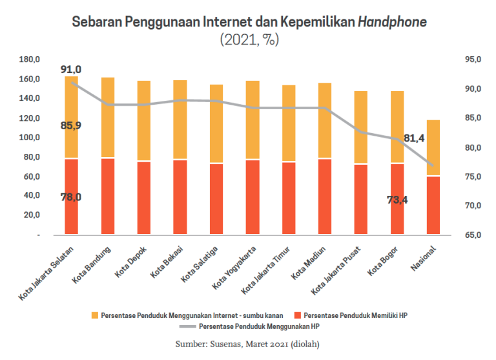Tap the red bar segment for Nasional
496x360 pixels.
point(433,205)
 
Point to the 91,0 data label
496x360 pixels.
point(71,69)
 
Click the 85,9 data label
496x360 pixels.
point(71,125)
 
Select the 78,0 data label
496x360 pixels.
point(71,197)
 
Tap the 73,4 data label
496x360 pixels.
point(397,200)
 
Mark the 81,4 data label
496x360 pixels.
point(414,138)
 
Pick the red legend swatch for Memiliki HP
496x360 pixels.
point(296,315)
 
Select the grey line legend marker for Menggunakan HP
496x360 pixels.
point(191,327)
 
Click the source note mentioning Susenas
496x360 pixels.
point(247,344)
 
